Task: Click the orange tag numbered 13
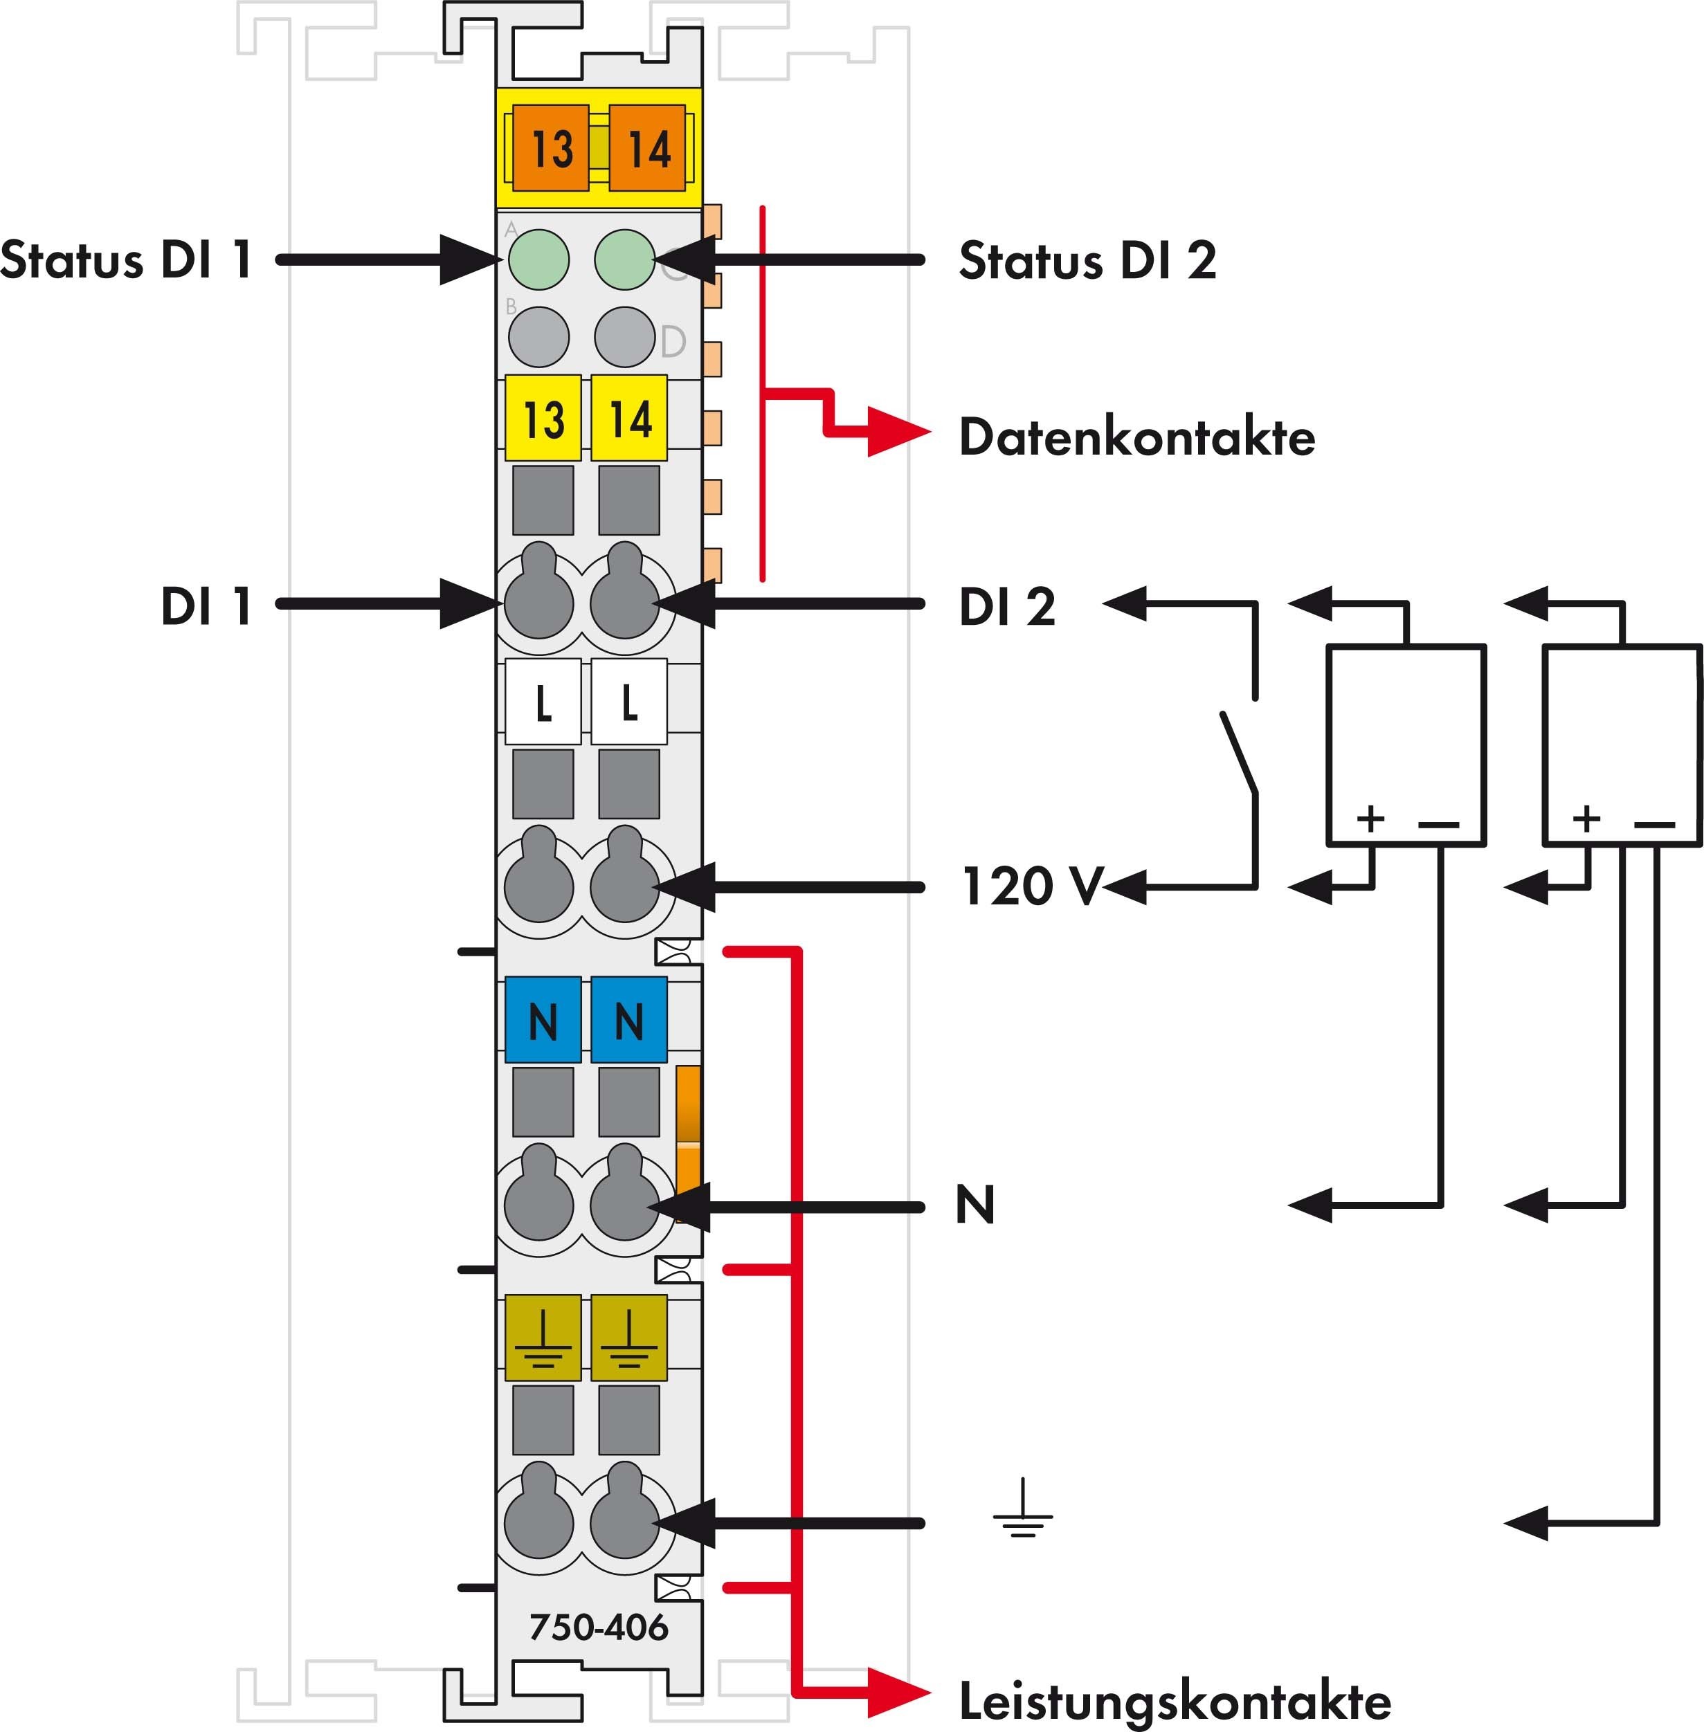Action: tap(550, 147)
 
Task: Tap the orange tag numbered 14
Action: tap(647, 147)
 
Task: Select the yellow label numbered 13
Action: tap(543, 418)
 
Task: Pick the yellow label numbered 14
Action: tap(629, 418)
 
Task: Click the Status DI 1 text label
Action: tap(125, 260)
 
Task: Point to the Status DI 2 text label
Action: tap(1087, 260)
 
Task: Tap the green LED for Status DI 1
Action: tap(538, 259)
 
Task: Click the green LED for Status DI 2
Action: tap(624, 259)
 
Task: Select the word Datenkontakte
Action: tap(1136, 437)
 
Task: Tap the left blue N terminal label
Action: tap(543, 1020)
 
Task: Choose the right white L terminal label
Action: tap(629, 702)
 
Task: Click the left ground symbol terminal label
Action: tap(543, 1338)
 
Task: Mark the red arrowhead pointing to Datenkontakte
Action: tap(896, 433)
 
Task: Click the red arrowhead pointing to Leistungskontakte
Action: tap(896, 1693)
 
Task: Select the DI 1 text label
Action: tap(206, 605)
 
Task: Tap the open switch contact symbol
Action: tap(1240, 749)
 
